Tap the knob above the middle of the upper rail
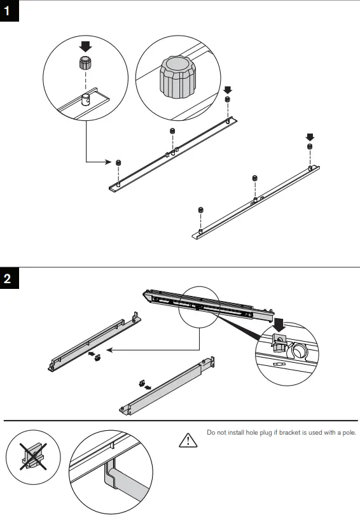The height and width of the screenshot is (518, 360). [172, 132]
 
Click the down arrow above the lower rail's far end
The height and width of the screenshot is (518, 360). [310, 136]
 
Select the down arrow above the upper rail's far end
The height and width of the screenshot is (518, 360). [228, 89]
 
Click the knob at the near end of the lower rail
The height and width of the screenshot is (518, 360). [200, 210]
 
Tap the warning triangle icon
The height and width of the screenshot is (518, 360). [188, 439]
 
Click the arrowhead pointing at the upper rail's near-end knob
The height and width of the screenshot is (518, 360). [109, 162]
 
